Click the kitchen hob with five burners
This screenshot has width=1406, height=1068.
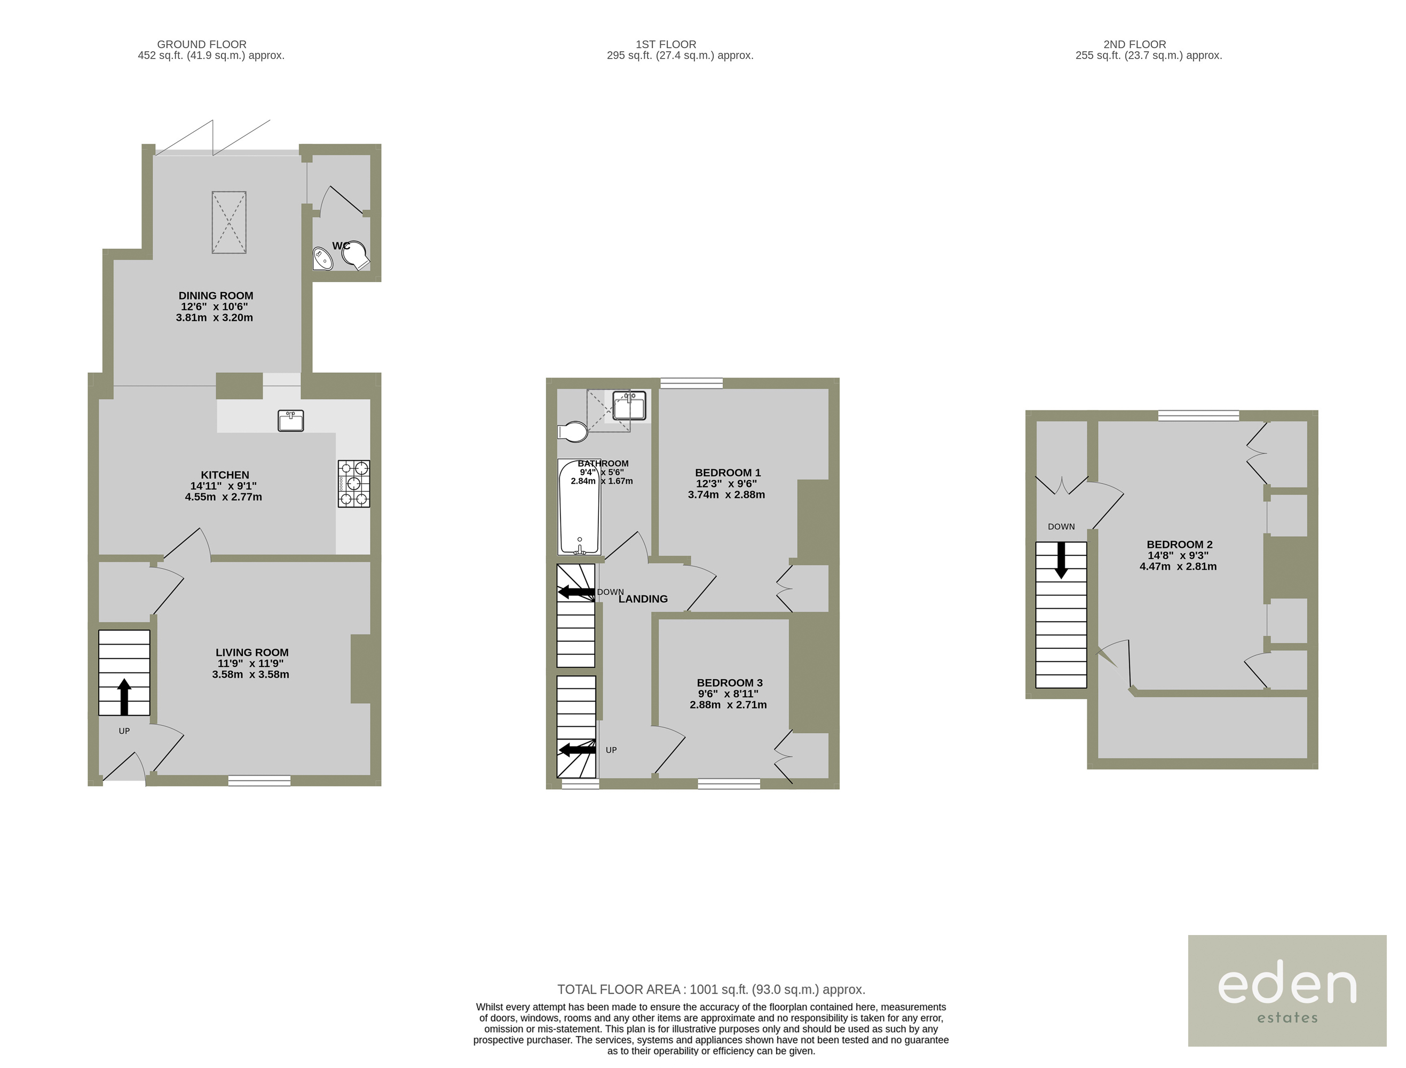click(354, 484)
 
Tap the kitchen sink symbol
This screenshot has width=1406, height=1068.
click(290, 421)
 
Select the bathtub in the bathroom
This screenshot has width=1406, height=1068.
click(579, 507)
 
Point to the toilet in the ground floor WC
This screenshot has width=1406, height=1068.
click(356, 256)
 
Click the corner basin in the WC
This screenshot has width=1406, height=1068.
click(322, 259)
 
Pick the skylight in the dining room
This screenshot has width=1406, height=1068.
click(229, 223)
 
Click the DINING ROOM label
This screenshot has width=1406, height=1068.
click(216, 296)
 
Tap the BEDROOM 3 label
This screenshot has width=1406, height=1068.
click(730, 683)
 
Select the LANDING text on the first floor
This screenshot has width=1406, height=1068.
click(643, 599)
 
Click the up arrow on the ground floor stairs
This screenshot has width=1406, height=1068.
click(124, 697)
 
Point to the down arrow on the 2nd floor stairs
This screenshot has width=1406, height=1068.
click(1061, 560)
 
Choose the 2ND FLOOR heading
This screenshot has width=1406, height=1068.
click(1135, 44)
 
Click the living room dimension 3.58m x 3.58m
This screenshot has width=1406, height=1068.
click(251, 674)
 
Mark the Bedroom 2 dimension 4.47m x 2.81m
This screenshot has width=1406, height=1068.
click(1179, 567)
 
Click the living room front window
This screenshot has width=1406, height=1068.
click(259, 781)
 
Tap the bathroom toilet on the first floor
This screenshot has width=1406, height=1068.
click(573, 433)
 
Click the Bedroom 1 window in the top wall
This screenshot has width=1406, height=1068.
click(692, 383)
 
